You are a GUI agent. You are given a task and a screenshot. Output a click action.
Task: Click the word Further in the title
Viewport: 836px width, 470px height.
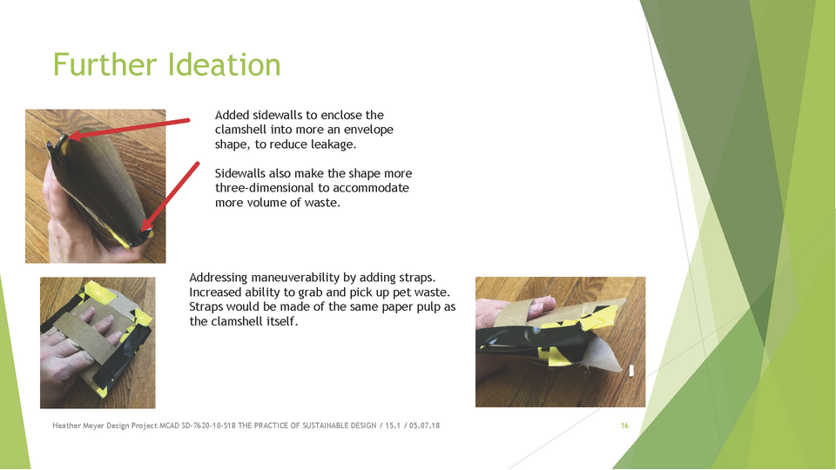click(105, 65)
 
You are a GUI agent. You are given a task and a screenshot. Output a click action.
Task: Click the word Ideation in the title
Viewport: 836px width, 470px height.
click(224, 65)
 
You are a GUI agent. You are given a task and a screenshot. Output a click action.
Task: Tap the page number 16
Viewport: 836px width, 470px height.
click(624, 426)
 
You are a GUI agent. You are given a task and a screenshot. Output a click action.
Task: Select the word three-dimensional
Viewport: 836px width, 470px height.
click(265, 188)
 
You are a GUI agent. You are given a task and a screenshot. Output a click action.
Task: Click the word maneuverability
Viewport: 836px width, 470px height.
click(295, 278)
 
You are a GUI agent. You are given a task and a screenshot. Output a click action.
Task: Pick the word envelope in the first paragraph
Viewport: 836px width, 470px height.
click(368, 130)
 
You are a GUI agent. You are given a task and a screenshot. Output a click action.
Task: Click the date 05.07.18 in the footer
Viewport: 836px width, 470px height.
click(424, 426)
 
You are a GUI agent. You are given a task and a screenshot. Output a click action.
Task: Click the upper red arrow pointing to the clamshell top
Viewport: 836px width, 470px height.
click(129, 128)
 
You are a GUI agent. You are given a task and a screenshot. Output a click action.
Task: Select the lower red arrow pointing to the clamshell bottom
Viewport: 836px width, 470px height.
click(170, 198)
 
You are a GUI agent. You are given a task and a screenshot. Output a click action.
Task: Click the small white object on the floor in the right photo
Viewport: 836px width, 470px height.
click(632, 371)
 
